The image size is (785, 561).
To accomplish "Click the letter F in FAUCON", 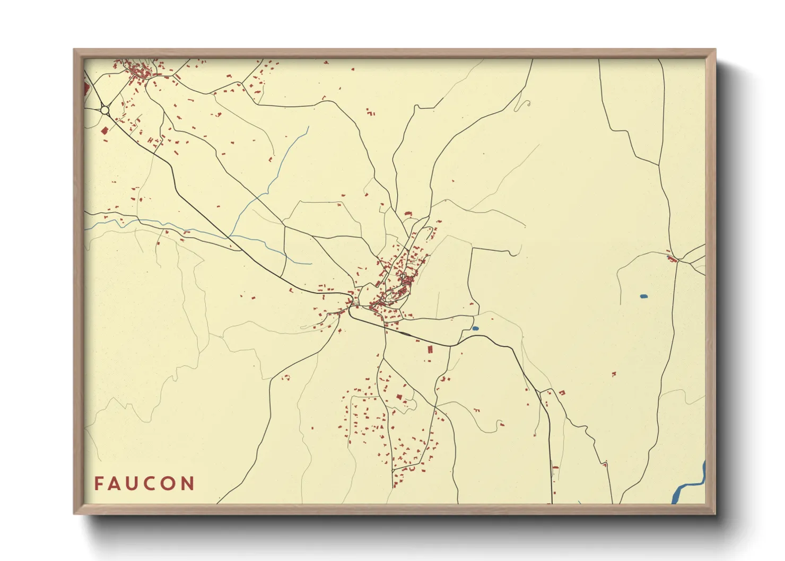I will tap(99, 484).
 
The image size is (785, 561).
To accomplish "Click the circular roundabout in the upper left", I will tap(104, 110).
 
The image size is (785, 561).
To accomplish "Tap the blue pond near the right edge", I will tap(644, 296).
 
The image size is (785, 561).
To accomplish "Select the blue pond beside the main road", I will tap(475, 329).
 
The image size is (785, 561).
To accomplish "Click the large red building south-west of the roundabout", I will tap(104, 130).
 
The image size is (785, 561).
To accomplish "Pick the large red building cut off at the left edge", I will tap(87, 88).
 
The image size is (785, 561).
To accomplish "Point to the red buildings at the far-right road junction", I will tap(672, 259).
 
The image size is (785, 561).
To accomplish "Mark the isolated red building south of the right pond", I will tap(614, 374).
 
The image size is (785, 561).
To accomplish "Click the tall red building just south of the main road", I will tap(431, 349).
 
